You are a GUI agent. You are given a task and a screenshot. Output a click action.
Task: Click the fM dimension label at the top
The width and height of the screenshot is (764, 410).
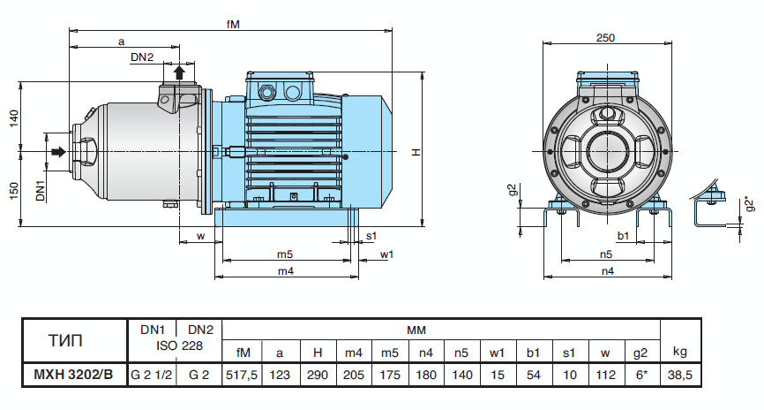[x=233, y=24]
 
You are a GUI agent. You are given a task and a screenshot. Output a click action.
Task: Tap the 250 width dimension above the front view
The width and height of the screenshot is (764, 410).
[x=605, y=37]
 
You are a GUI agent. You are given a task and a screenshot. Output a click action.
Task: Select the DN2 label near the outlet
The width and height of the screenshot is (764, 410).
[x=142, y=57]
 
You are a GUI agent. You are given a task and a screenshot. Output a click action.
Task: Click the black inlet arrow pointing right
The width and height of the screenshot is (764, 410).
[x=57, y=153]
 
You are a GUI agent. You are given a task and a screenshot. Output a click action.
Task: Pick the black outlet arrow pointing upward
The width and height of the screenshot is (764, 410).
[x=179, y=72]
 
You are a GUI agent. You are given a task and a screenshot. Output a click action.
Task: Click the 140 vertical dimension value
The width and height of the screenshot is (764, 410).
[x=13, y=118]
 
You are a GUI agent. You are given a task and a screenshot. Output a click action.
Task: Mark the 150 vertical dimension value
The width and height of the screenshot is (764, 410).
[x=13, y=190]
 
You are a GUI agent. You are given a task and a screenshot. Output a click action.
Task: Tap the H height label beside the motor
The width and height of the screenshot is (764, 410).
[x=415, y=153]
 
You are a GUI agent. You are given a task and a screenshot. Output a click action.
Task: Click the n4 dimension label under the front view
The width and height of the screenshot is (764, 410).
[x=608, y=271]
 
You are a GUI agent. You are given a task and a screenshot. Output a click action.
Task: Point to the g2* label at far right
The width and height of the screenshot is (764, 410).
[x=749, y=204]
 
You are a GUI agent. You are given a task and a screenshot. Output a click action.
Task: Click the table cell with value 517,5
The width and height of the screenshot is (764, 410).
[x=242, y=375]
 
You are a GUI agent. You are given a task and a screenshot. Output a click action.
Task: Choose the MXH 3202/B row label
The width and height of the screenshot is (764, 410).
[x=73, y=375]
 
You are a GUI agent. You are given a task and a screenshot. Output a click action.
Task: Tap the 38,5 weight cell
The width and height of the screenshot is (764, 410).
[x=678, y=375]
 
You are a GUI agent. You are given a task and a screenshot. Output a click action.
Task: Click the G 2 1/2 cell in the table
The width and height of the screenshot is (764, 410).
[x=151, y=375]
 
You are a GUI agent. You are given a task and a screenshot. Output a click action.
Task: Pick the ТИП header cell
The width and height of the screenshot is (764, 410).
[x=73, y=338]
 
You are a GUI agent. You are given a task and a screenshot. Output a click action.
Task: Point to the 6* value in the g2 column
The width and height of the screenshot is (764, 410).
[x=639, y=375]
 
